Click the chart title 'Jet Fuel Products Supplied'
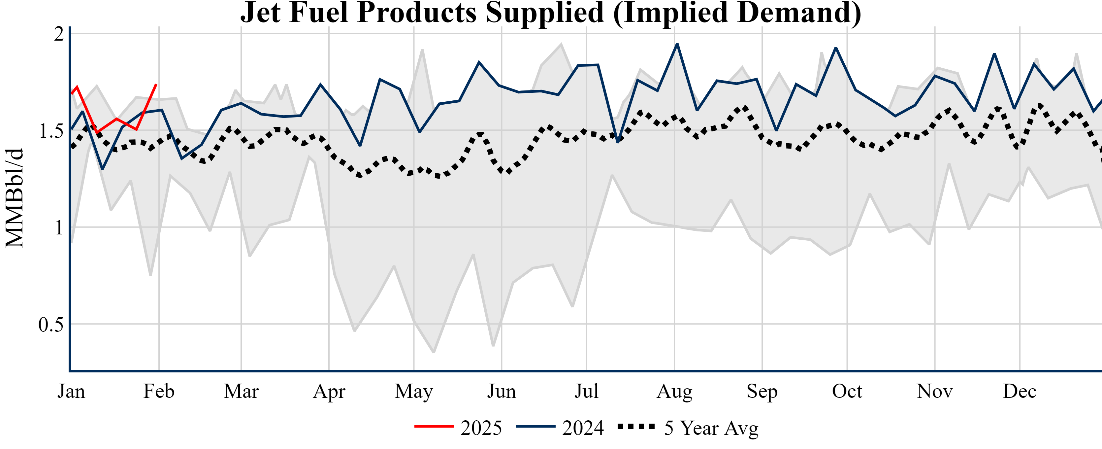pyautogui.click(x=551, y=13)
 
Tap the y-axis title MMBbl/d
pyautogui.click(x=15, y=198)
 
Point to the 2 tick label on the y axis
pyautogui.click(x=59, y=34)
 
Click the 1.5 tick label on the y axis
pyautogui.click(x=51, y=130)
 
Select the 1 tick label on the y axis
pyautogui.click(x=59, y=227)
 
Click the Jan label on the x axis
pyautogui.click(x=72, y=391)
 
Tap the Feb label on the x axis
pyautogui.click(x=159, y=391)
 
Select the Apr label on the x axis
pyautogui.click(x=329, y=391)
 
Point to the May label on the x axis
pyautogui.click(x=414, y=391)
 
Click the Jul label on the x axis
pyautogui.click(x=586, y=391)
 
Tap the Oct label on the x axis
pyautogui.click(x=847, y=391)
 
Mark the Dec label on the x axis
pyautogui.click(x=1020, y=391)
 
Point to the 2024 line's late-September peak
pyautogui.click(x=836, y=48)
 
